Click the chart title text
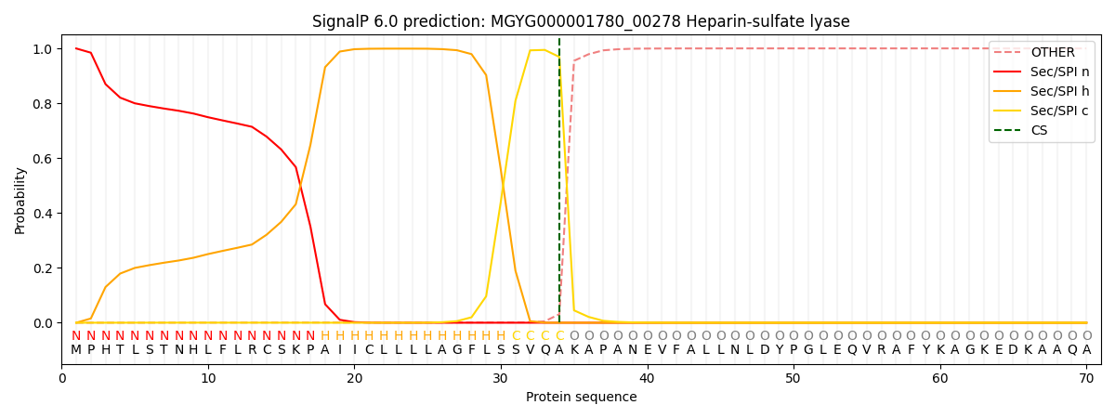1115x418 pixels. pyautogui.click(x=581, y=21)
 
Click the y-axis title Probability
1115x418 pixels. pyautogui.click(x=20, y=201)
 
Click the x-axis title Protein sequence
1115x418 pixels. pyautogui.click(x=581, y=398)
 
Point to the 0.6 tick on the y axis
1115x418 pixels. pyautogui.click(x=43, y=159)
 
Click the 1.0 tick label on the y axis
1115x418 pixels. pyautogui.click(x=43, y=49)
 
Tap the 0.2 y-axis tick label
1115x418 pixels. pyautogui.click(x=43, y=268)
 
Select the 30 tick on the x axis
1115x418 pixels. pyautogui.click(x=501, y=378)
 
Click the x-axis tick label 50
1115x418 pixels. pyautogui.click(x=793, y=378)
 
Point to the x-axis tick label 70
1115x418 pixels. pyautogui.click(x=1085, y=378)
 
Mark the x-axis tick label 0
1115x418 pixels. pyautogui.click(x=62, y=378)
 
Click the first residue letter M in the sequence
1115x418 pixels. pyautogui.click(x=76, y=350)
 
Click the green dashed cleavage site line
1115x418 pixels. pyautogui.click(x=559, y=186)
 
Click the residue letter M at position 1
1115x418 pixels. pyautogui.click(x=76, y=350)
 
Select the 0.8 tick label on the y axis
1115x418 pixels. pyautogui.click(x=43, y=104)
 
